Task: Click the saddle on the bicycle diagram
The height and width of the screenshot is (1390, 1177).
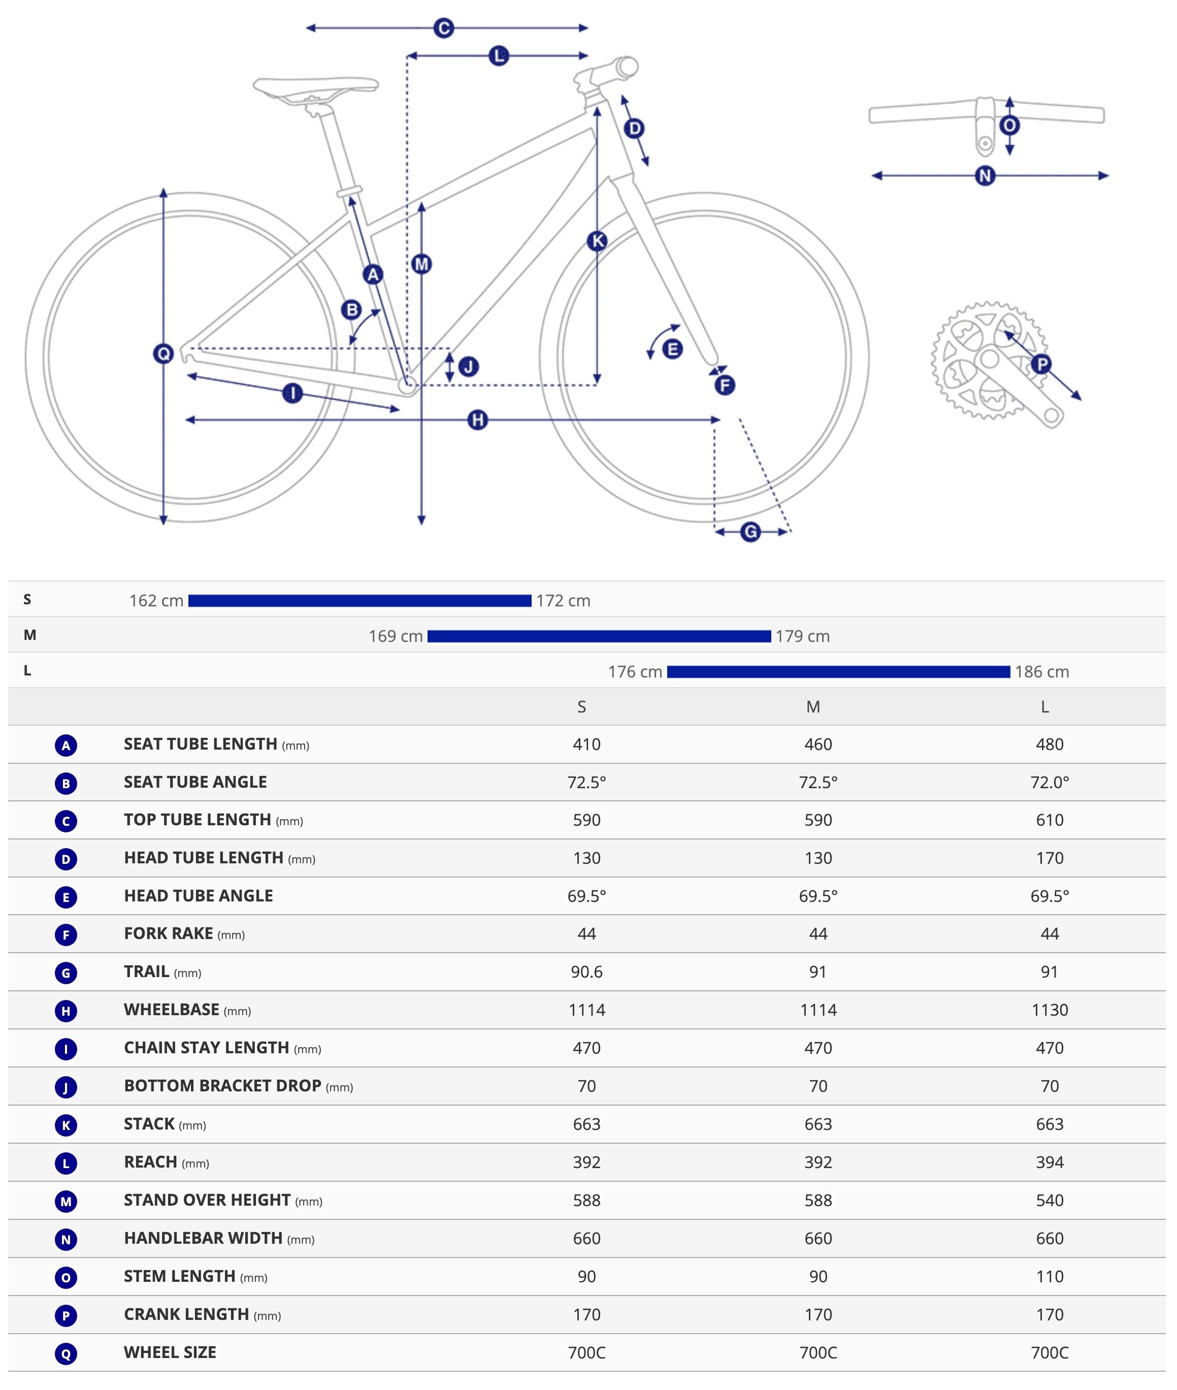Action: [315, 86]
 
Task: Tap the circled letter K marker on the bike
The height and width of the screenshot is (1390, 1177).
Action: [597, 241]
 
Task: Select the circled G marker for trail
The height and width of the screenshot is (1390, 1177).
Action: [750, 532]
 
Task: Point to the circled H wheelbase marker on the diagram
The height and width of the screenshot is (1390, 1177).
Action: [477, 419]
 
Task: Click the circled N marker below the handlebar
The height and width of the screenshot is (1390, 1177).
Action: [985, 176]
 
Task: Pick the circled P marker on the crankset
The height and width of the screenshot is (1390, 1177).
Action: [1041, 364]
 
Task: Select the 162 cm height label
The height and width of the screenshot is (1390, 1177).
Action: [156, 601]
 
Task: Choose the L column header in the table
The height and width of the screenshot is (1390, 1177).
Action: [1045, 706]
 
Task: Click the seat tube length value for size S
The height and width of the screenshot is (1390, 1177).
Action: [586, 744]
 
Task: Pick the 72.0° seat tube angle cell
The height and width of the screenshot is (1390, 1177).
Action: [1049, 782]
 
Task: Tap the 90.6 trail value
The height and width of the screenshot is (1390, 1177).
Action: [586, 972]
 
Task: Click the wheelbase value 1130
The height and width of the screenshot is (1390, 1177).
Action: [1049, 1010]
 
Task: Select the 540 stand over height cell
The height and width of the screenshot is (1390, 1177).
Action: [1049, 1201]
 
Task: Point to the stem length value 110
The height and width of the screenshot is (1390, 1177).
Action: [1049, 1277]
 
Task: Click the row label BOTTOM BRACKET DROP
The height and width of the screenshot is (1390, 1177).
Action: [223, 1086]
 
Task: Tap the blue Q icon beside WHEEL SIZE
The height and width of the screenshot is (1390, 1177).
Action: [66, 1354]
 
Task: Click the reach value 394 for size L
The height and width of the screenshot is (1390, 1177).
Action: [1049, 1162]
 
